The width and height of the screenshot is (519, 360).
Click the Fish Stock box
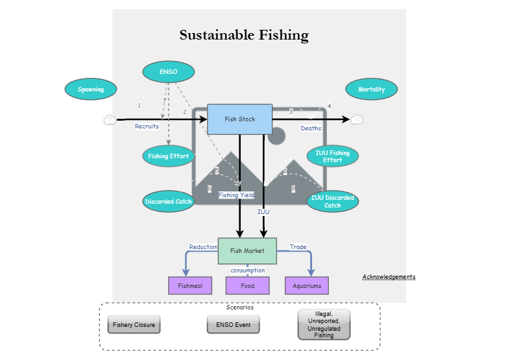click(x=239, y=119)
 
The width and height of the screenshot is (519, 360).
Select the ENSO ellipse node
click(x=168, y=71)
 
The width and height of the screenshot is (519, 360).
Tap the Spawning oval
click(x=91, y=90)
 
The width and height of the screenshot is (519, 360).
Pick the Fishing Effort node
click(x=168, y=156)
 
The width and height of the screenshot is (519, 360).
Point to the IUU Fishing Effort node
click(x=332, y=156)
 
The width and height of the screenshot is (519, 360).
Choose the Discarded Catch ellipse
click(x=169, y=202)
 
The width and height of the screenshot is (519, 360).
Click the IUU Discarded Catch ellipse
click(x=332, y=202)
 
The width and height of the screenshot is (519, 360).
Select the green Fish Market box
click(x=247, y=251)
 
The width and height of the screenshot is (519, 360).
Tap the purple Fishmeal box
click(x=190, y=285)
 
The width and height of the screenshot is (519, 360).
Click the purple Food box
click(x=247, y=285)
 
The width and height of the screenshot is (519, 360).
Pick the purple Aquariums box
click(x=307, y=285)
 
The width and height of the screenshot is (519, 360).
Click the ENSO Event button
click(x=233, y=324)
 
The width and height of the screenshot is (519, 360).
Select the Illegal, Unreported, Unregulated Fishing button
click(x=324, y=324)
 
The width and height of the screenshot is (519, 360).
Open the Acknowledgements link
click(x=389, y=277)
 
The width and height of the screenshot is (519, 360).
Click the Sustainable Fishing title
click(x=244, y=35)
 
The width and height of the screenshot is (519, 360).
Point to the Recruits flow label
click(x=147, y=126)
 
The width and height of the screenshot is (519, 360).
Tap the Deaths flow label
click(x=311, y=128)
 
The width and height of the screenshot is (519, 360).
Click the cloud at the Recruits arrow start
click(x=109, y=119)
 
